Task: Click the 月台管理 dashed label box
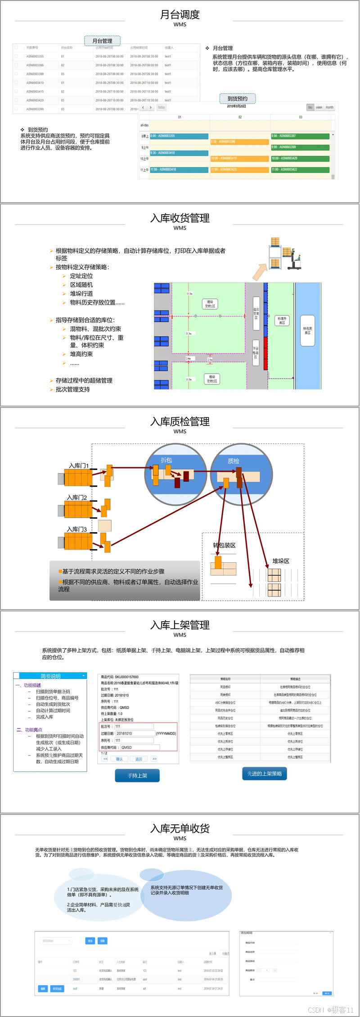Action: coord(102,41)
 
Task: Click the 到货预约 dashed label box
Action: coord(238,99)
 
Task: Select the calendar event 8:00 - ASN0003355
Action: coord(179,136)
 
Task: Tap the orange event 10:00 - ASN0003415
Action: coord(239,158)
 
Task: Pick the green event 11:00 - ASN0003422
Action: coord(300,170)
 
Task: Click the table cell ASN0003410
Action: coord(35,83)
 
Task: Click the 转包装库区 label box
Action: coord(307,330)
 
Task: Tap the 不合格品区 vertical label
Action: coord(256,353)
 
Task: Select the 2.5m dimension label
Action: coord(210,360)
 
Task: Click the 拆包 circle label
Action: coord(166,460)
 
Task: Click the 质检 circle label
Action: coord(234,461)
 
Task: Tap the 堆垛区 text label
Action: coord(281,561)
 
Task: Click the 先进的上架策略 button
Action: coord(265,773)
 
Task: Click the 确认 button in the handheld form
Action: coord(119,759)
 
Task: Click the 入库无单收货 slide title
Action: coord(180,828)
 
